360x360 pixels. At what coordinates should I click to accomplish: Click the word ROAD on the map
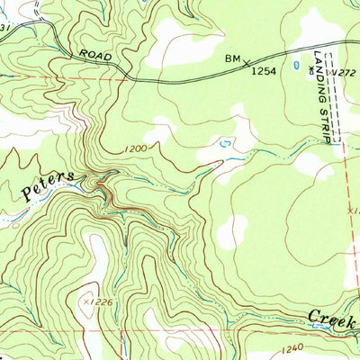coord(94,55)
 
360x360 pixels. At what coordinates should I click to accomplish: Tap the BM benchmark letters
coord(233,59)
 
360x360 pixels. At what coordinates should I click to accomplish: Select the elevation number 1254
coord(263,69)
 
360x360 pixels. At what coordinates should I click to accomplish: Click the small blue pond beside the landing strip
coord(296,66)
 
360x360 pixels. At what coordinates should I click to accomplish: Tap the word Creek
coord(331,316)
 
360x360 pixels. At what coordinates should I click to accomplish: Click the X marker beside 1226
coord(88,301)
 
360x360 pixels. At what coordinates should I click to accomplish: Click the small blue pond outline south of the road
coord(224,142)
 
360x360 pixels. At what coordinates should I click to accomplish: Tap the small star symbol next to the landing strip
coord(310,69)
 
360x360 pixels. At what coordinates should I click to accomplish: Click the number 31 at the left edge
coord(4,28)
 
